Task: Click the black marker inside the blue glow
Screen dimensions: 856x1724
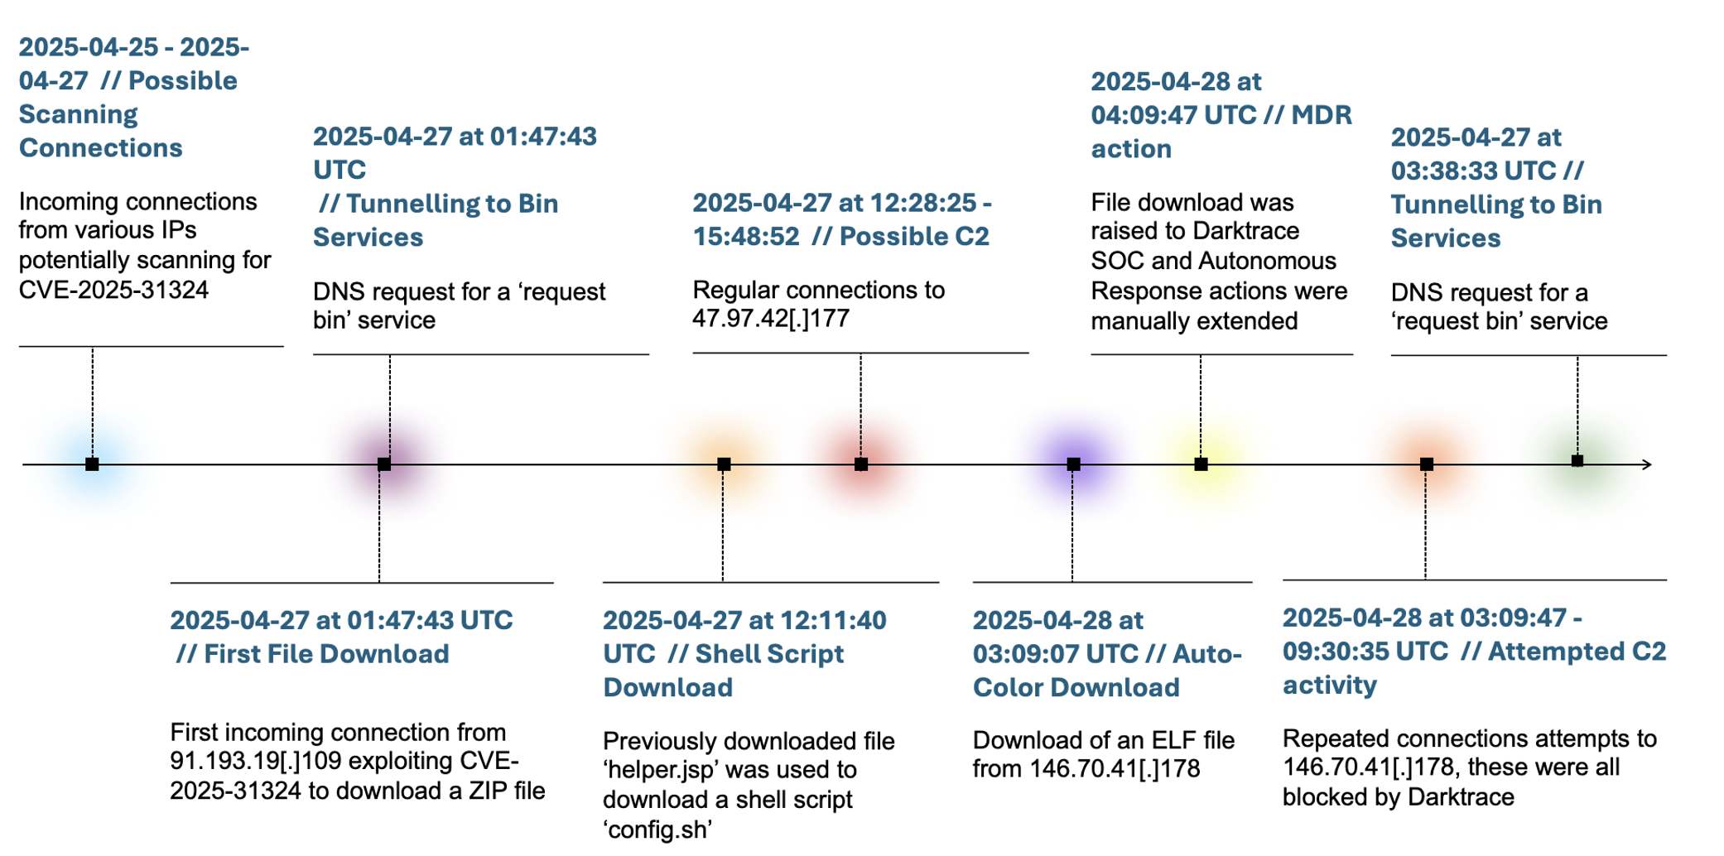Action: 92,464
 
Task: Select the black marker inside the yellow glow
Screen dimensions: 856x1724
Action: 1201,464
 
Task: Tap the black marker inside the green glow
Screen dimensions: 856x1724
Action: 1577,461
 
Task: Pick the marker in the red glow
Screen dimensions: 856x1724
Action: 861,464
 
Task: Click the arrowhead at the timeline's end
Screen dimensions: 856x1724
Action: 1648,464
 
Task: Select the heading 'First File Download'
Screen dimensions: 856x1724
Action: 326,654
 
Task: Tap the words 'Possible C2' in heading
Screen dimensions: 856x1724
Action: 914,237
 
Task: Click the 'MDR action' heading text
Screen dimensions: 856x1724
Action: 1221,132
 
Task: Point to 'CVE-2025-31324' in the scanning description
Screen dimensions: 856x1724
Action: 113,290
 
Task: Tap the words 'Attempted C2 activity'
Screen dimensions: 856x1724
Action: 1474,668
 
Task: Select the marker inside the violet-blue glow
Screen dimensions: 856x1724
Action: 1073,464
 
